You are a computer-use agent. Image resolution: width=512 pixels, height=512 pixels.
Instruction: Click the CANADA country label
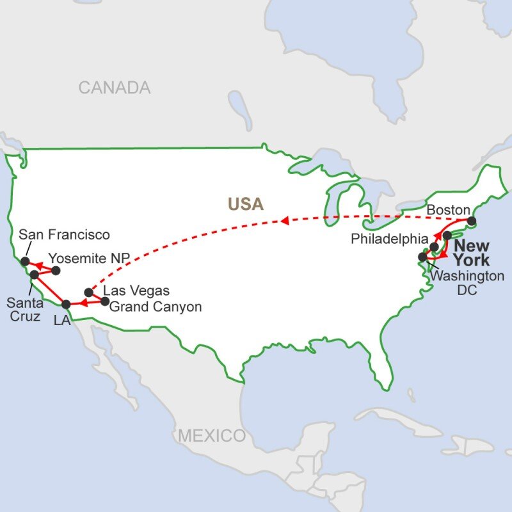click(x=115, y=88)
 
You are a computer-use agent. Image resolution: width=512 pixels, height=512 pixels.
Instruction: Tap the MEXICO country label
click(x=211, y=436)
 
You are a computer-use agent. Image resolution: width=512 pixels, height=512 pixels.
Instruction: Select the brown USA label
click(x=246, y=204)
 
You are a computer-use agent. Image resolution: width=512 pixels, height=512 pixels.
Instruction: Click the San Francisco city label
click(x=64, y=235)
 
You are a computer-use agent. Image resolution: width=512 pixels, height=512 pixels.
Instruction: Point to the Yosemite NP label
click(x=90, y=257)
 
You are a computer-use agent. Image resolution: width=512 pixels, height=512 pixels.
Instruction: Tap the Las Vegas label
click(x=136, y=292)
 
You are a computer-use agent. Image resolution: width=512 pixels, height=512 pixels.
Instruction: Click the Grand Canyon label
click(x=156, y=307)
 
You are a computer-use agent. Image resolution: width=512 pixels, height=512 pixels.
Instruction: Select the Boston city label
click(x=448, y=209)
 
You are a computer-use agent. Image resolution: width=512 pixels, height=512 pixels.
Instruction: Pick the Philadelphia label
click(x=388, y=238)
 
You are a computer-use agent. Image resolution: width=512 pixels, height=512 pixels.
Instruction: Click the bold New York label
click(x=472, y=253)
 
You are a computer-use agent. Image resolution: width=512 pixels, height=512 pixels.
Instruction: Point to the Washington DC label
click(x=467, y=282)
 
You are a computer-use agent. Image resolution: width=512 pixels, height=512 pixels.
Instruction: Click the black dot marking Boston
click(x=472, y=221)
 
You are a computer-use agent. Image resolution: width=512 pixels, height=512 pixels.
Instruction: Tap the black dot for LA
click(x=65, y=304)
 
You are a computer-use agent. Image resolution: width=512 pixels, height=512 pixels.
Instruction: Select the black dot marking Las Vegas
click(x=89, y=292)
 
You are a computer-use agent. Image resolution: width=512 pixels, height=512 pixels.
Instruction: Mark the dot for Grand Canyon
click(x=106, y=300)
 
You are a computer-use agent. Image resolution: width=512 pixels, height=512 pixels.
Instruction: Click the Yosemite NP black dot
click(x=56, y=270)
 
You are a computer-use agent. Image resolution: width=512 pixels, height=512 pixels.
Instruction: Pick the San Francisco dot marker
click(x=25, y=261)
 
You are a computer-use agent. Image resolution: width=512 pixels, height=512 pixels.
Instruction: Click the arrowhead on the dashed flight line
click(x=283, y=221)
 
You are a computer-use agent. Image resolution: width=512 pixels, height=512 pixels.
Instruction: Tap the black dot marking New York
click(x=447, y=235)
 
